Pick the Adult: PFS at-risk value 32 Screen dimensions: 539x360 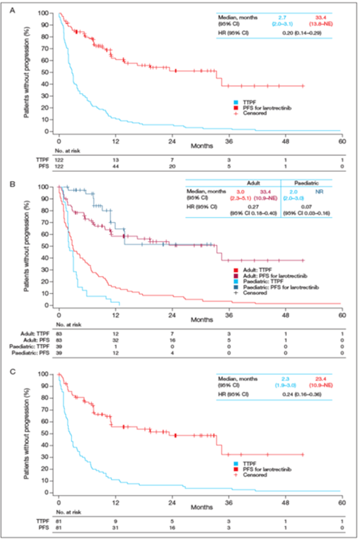click(x=116, y=339)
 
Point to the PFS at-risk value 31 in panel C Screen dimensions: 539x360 click(x=116, y=525)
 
